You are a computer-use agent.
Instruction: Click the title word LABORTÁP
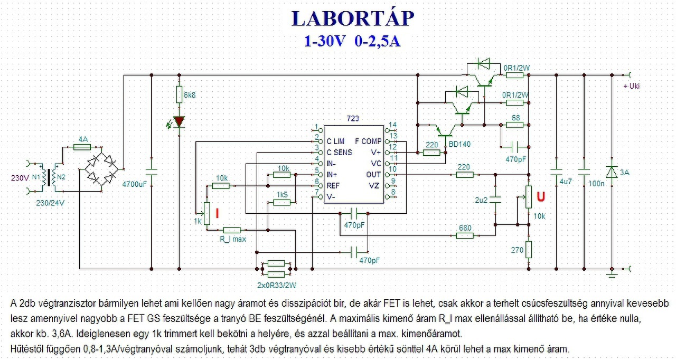(352, 18)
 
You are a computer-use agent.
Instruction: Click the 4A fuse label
(83, 139)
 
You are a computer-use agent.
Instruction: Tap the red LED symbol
(179, 122)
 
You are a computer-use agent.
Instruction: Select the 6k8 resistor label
(190, 95)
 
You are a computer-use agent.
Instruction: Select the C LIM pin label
(336, 141)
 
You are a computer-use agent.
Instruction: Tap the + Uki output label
(631, 86)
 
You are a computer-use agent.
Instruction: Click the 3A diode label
(624, 173)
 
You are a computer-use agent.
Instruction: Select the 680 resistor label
(465, 228)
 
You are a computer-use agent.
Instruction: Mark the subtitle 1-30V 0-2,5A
(352, 42)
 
